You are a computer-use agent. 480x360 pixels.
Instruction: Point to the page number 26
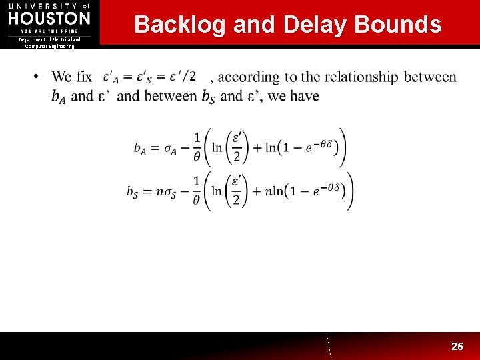click(457, 346)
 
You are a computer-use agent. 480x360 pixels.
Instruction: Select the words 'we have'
click(293, 95)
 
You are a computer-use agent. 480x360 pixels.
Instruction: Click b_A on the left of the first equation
click(140, 149)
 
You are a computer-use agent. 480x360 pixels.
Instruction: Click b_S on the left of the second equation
click(133, 191)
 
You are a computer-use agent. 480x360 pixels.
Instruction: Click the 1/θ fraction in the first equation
click(196, 148)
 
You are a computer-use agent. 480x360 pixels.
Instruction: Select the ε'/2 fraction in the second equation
click(235, 191)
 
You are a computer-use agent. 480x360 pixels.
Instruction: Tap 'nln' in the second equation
click(275, 191)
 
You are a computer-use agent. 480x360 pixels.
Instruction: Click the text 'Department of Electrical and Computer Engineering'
click(49, 43)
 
